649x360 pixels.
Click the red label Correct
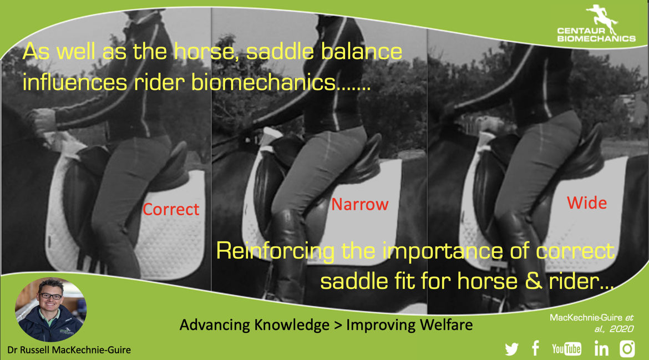pyautogui.click(x=170, y=209)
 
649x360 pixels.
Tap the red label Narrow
pyautogui.click(x=359, y=204)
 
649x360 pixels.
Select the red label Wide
pyautogui.click(x=587, y=203)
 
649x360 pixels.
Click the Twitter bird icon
pyautogui.click(x=511, y=349)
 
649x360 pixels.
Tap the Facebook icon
pyautogui.click(x=535, y=348)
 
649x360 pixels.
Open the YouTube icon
pyautogui.click(x=567, y=349)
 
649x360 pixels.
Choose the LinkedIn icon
pyautogui.click(x=601, y=349)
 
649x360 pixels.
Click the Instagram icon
pyautogui.click(x=627, y=348)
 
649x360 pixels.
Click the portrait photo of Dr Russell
pyautogui.click(x=50, y=310)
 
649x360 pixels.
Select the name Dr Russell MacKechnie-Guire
pyautogui.click(x=69, y=350)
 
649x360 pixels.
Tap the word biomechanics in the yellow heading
pyautogui.click(x=263, y=82)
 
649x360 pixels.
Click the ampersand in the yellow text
pyautogui.click(x=534, y=281)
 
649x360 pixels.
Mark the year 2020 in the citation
pyautogui.click(x=621, y=329)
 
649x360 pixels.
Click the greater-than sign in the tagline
pyautogui.click(x=338, y=326)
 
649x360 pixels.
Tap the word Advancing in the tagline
pyautogui.click(x=213, y=326)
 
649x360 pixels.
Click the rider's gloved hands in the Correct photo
pyautogui.click(x=43, y=122)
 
